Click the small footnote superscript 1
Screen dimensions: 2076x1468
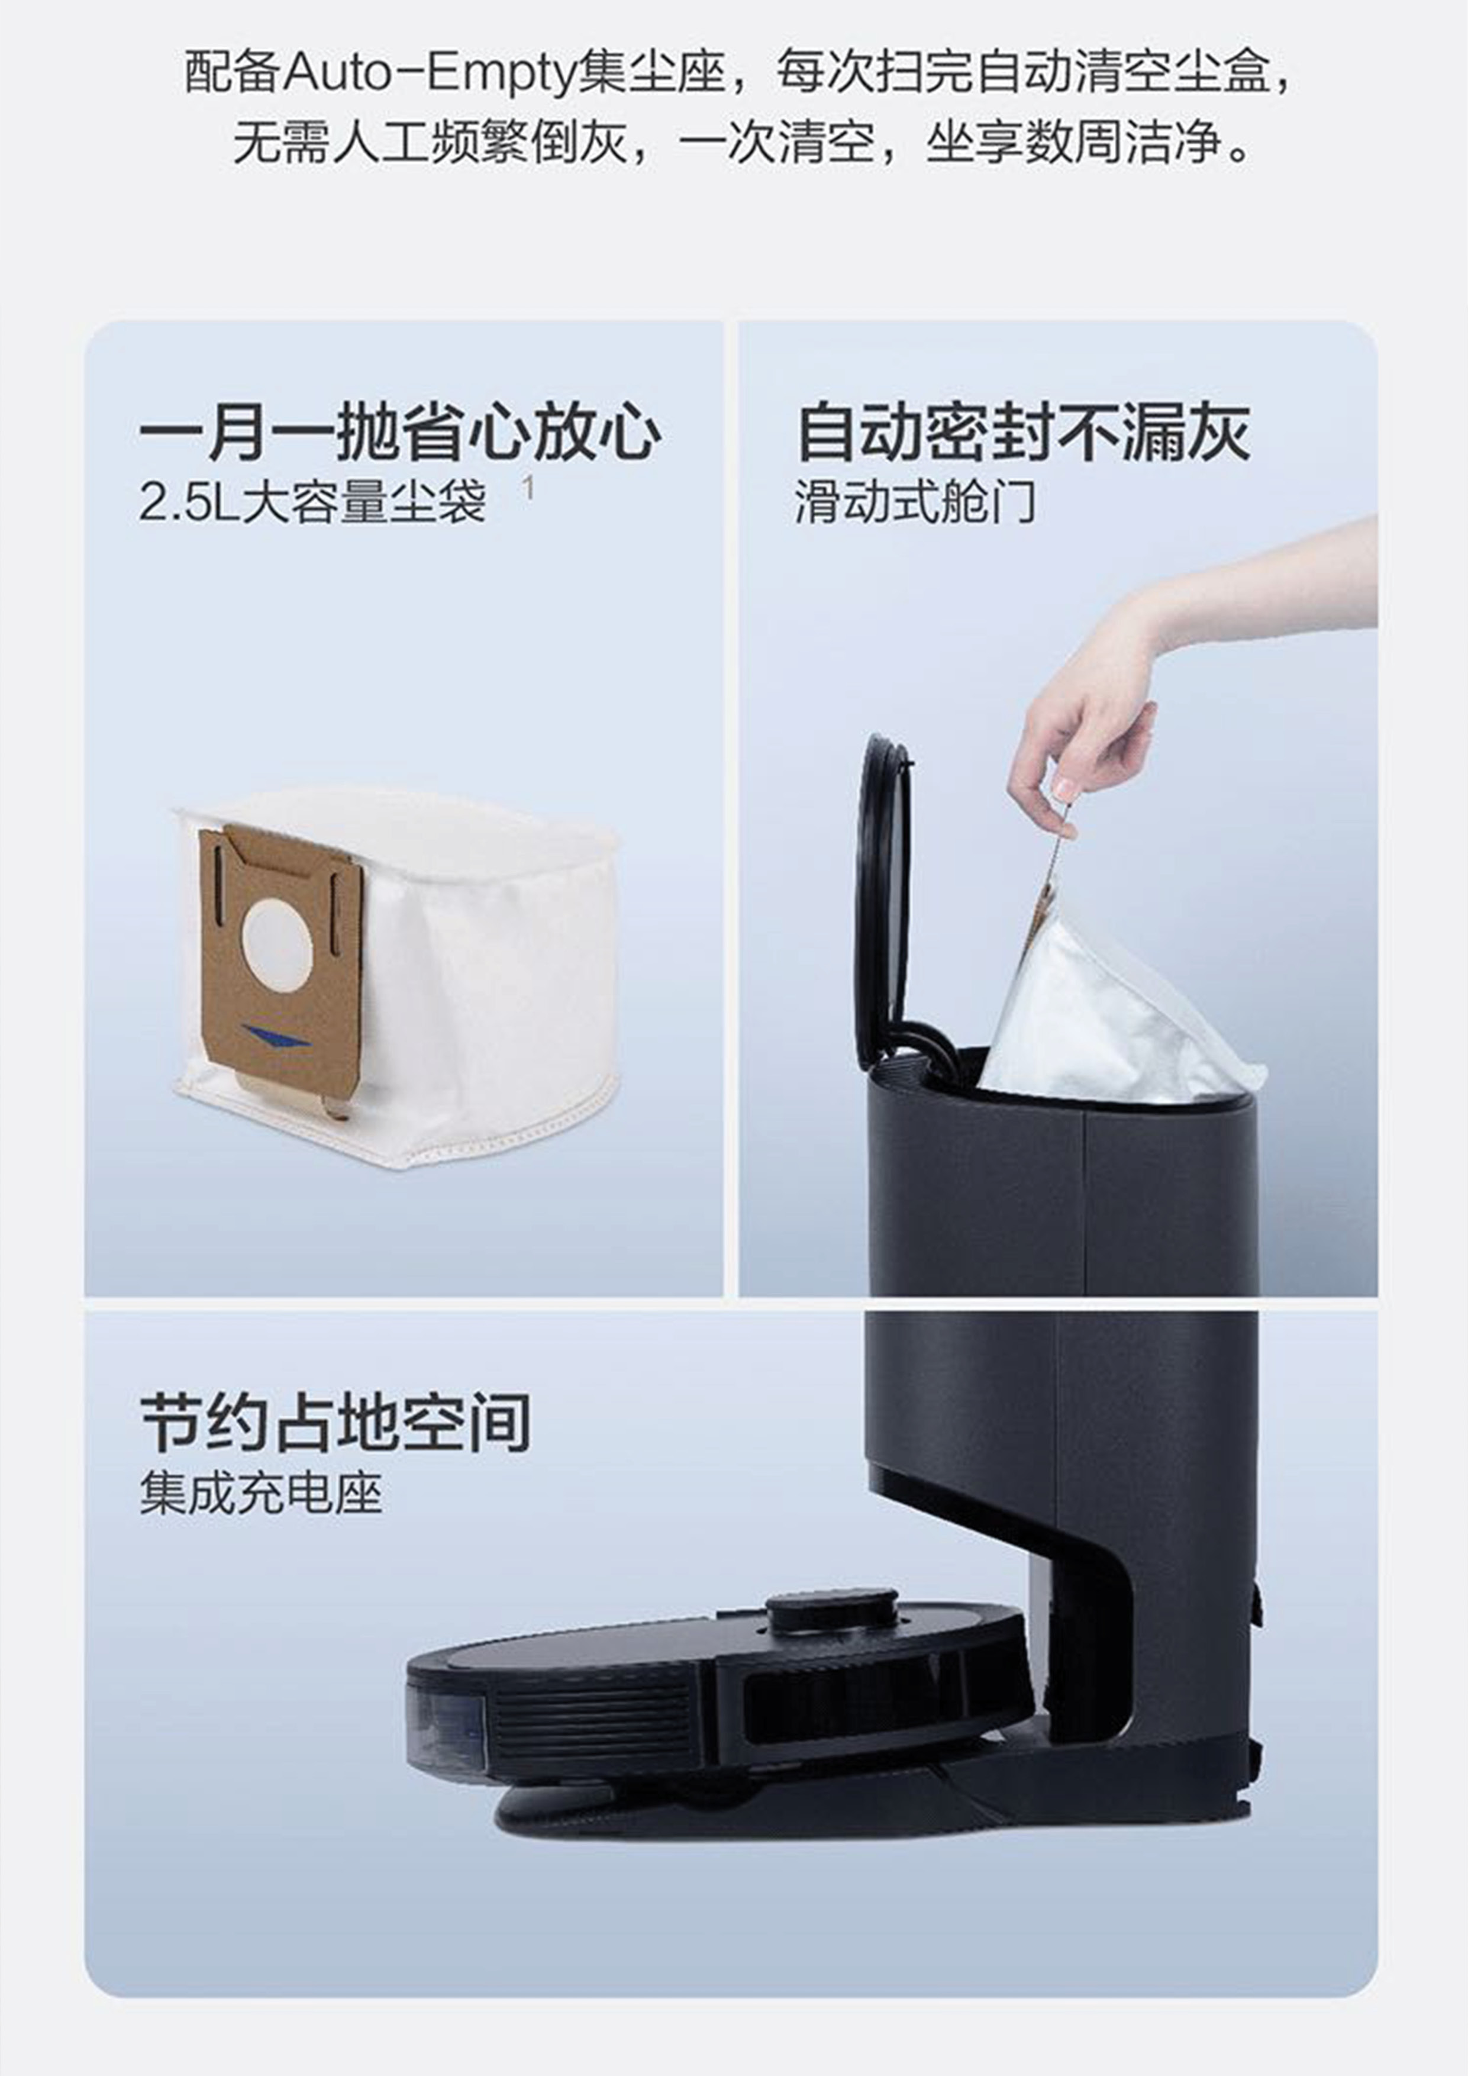(x=528, y=489)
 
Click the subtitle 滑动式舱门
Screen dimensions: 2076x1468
(x=915, y=502)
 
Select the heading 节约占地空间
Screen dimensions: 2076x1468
(x=335, y=1423)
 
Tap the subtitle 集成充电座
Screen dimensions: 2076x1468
(x=262, y=1493)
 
